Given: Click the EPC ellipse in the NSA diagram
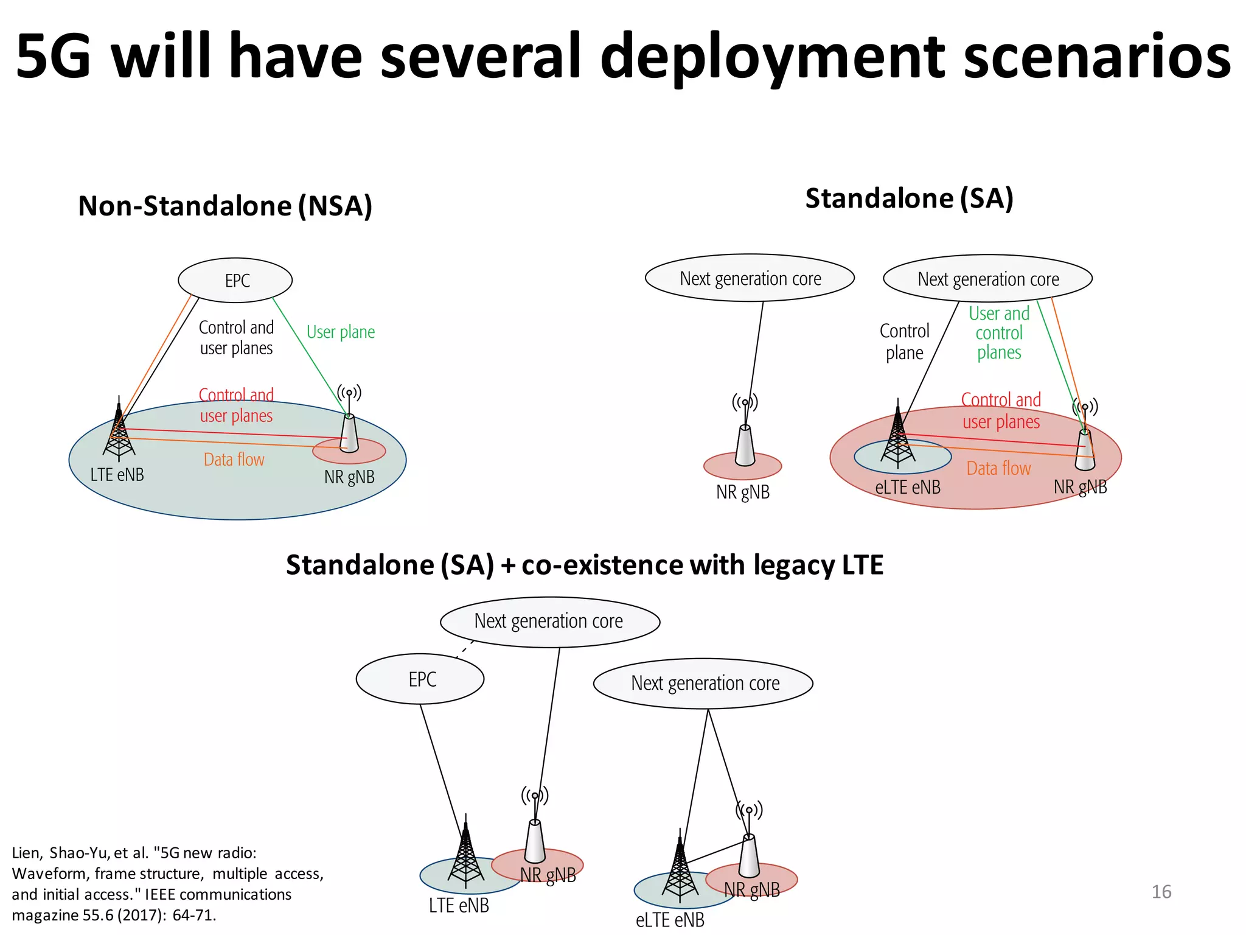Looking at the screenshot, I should (x=235, y=281).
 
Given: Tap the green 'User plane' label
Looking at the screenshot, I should (x=341, y=332).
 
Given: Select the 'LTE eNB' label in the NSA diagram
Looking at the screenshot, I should (x=117, y=475).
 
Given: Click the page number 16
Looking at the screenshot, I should (x=1161, y=892).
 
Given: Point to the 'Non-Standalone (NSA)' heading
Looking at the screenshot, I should (x=225, y=206).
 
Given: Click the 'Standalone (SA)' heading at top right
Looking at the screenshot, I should (x=909, y=198).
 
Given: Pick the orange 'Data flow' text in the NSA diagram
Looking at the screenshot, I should (x=234, y=460).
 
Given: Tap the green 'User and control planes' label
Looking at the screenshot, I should (x=999, y=333).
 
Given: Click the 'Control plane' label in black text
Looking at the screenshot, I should (x=905, y=341).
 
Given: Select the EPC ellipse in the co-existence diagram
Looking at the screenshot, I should (x=420, y=679).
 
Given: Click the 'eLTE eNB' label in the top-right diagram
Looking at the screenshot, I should (x=908, y=487).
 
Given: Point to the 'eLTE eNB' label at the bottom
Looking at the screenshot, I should (x=670, y=920).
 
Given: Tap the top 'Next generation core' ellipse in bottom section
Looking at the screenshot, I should (x=550, y=622).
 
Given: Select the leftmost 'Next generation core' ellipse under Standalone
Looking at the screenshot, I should (x=750, y=278).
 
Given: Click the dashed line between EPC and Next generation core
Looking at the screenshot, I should (x=465, y=649).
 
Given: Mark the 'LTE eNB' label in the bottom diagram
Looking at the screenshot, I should (x=459, y=905).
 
